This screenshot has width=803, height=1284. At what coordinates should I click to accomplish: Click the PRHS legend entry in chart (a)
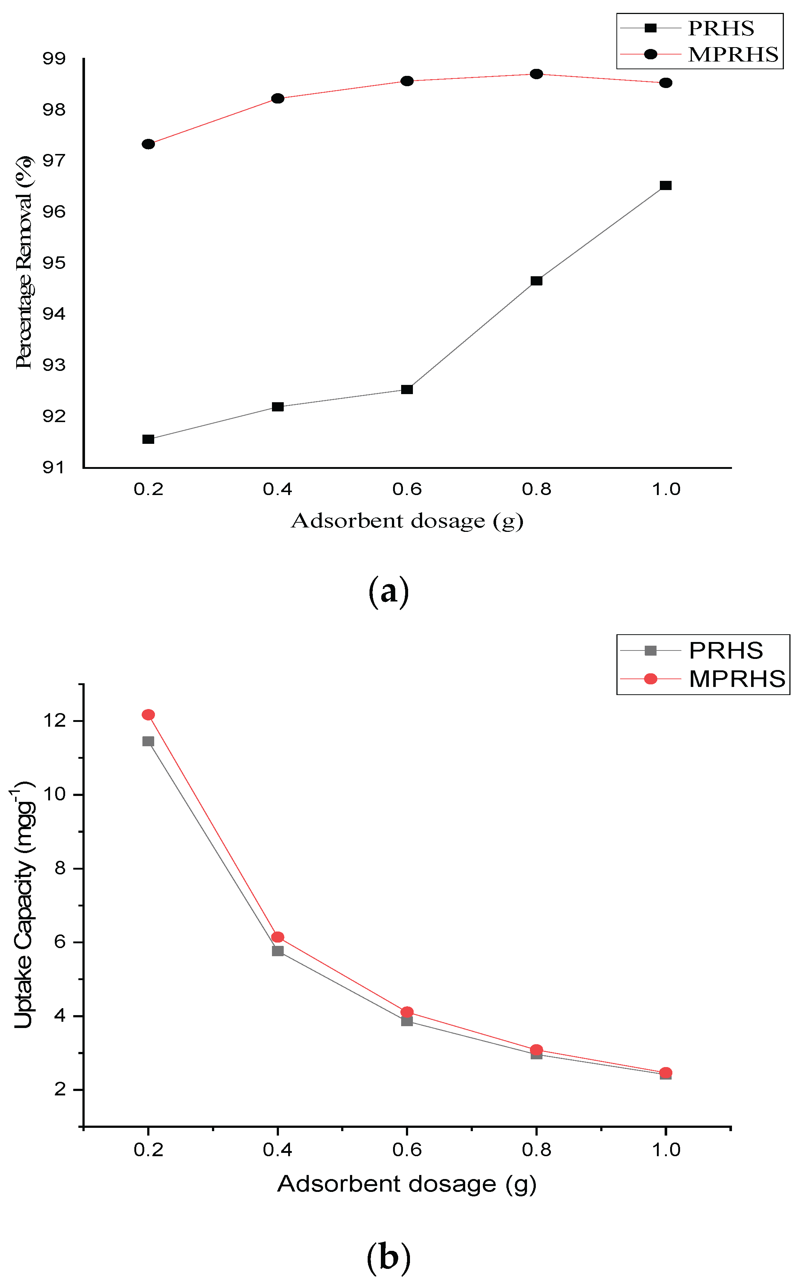tap(720, 28)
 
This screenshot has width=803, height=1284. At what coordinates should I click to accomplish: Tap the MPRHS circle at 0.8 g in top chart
tap(537, 74)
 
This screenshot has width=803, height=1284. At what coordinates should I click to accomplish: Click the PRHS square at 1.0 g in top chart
tap(665, 186)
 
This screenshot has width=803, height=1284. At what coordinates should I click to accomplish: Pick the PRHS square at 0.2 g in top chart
tap(148, 439)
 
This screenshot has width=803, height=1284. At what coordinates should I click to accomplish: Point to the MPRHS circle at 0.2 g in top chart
tap(148, 144)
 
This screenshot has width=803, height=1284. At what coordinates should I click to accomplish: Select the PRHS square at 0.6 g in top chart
tap(407, 390)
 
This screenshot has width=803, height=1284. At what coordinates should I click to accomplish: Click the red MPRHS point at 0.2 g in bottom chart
tap(148, 715)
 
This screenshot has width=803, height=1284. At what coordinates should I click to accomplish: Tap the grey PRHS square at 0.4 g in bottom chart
tap(278, 951)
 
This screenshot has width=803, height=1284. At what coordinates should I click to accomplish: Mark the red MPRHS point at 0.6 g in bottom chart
tap(407, 1012)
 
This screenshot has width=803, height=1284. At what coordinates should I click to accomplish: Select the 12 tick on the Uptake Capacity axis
tap(55, 721)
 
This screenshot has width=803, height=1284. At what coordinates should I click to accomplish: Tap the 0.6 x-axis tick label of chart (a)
tap(407, 489)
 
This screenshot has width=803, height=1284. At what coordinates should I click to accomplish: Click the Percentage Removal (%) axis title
tap(24, 263)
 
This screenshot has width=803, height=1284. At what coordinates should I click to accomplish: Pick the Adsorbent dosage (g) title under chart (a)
tap(407, 521)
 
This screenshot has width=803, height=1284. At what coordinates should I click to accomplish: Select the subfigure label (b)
tap(389, 1258)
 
